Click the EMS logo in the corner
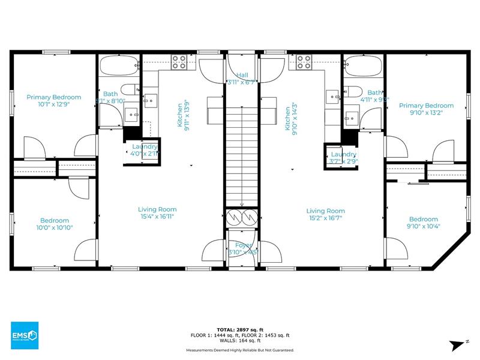[x=25, y=335]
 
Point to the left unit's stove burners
[x=179, y=62]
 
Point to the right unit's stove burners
[x=304, y=62]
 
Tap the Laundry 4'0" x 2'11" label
[x=145, y=150]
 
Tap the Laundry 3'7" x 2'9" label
[x=343, y=158]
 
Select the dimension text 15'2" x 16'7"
[x=326, y=218]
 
